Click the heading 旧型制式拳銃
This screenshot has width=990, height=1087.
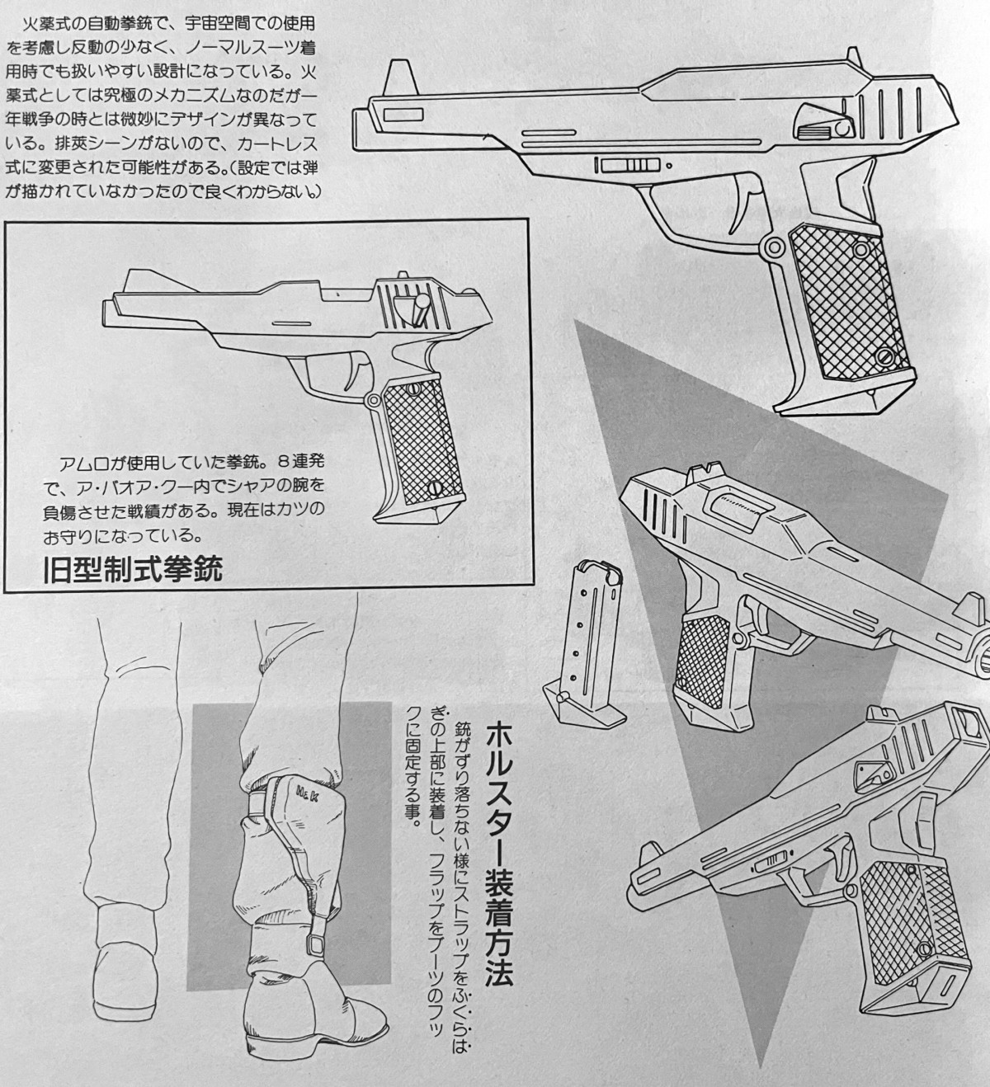pos(132,570)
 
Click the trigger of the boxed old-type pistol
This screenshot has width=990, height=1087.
pos(356,371)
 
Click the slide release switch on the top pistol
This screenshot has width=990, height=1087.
pos(627,165)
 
